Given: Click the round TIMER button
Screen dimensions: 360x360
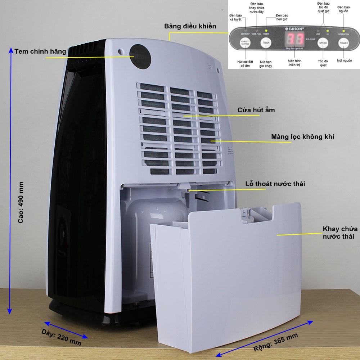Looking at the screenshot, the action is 266,43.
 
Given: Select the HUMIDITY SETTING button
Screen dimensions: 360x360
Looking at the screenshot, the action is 245,43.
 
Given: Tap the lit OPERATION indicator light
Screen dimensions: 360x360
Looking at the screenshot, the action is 343,31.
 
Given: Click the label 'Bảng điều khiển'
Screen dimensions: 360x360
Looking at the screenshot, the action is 190,26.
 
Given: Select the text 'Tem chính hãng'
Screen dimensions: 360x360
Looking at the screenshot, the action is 40,51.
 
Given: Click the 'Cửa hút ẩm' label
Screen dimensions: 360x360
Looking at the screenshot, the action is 256,110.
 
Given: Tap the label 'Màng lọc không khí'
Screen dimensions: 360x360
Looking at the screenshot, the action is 303,137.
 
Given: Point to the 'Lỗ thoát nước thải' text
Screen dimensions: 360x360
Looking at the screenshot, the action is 275,184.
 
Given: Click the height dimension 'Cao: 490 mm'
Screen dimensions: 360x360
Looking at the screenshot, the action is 21,202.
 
